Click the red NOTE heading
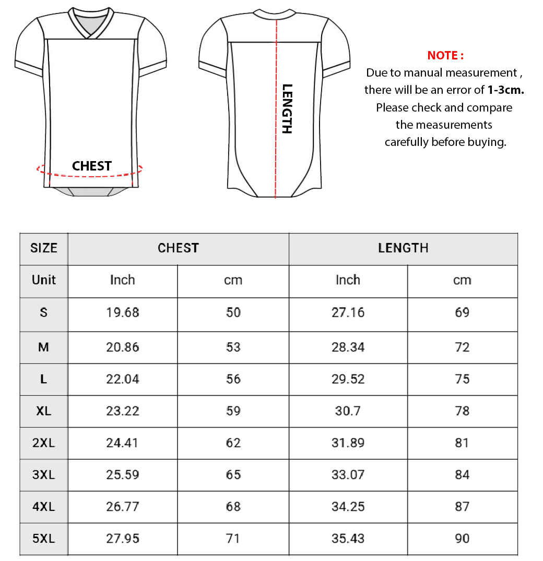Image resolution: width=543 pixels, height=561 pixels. (445, 55)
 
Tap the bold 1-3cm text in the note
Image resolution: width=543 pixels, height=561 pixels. (505, 90)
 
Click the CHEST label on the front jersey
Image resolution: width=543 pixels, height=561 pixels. (92, 166)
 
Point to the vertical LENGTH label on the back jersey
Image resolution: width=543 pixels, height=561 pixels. (287, 108)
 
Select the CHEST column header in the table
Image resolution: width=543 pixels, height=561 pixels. (178, 248)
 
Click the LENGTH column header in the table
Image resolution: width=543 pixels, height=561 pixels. (403, 248)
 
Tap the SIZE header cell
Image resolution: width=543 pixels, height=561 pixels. (44, 248)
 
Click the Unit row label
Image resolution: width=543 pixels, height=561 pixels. (44, 280)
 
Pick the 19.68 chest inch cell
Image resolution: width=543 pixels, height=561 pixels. (123, 312)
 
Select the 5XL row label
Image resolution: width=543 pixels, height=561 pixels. (44, 539)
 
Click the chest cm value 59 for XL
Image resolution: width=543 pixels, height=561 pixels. (233, 411)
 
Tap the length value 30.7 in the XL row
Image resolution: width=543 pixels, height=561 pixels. (348, 411)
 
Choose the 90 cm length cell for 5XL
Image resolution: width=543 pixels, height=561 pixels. (462, 539)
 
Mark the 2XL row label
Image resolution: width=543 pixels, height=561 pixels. (44, 443)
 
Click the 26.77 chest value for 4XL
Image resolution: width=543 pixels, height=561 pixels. (123, 506)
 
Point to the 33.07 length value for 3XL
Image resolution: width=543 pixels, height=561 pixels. (348, 474)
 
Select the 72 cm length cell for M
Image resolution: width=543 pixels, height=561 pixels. (462, 347)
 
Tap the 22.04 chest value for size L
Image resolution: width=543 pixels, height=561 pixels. (123, 379)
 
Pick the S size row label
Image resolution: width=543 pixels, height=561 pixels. (44, 312)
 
